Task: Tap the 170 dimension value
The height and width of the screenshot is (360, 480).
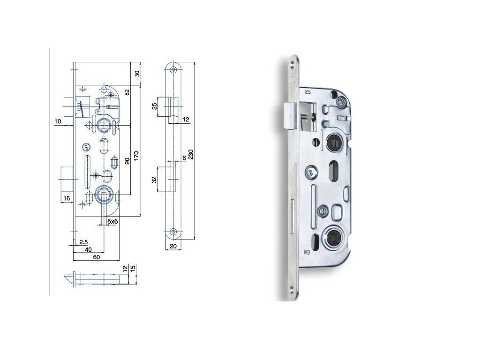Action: pos(136,156)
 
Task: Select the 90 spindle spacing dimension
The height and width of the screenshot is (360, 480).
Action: pos(127,160)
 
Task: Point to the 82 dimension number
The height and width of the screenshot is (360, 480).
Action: pos(127,92)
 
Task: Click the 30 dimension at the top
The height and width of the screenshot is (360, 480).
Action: pos(137,74)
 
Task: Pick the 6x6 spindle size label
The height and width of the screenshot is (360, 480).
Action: pos(112,221)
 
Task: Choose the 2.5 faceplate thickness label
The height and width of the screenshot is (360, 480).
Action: pos(83,242)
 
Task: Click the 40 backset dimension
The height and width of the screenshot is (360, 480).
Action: pos(88,249)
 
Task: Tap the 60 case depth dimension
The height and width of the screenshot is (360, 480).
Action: pos(96,257)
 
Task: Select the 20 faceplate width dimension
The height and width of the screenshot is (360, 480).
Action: pos(173,246)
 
